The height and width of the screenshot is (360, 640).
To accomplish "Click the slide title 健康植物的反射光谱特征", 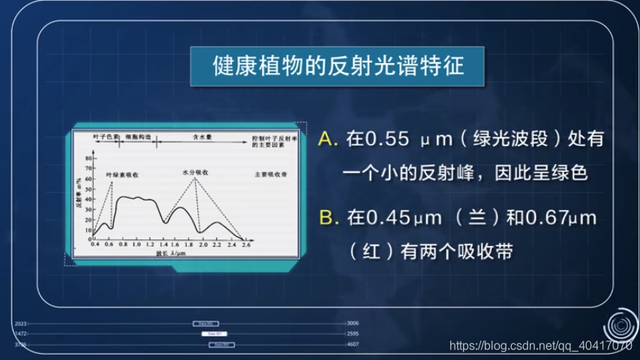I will pyautogui.click(x=339, y=66).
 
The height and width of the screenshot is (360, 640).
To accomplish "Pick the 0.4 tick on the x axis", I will pyautogui.click(x=95, y=244).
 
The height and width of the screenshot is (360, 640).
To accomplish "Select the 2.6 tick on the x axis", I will pyautogui.click(x=246, y=244).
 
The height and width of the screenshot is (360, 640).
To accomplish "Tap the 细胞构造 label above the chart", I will pyautogui.click(x=138, y=138).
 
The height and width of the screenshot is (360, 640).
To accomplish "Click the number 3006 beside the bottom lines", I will pyautogui.click(x=353, y=323).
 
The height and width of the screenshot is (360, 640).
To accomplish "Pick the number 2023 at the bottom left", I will pyautogui.click(x=20, y=323).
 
